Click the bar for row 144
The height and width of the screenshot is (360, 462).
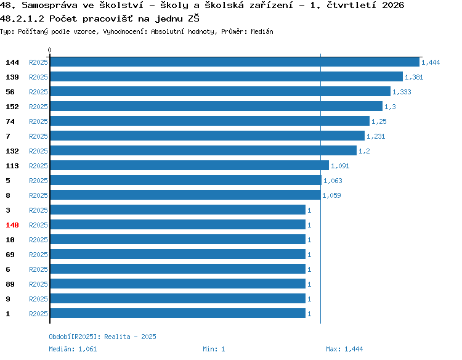click(x=235, y=62)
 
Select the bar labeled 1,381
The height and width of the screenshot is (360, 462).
click(x=227, y=76)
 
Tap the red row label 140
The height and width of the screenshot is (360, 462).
click(x=12, y=225)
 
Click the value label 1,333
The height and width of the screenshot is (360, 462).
click(x=402, y=92)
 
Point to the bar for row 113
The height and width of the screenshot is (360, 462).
click(x=190, y=165)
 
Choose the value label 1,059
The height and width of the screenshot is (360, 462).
click(x=331, y=195)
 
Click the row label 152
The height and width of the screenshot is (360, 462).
click(x=12, y=107)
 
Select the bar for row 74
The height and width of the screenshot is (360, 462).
click(x=210, y=121)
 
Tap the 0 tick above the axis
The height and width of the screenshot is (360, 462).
click(x=49, y=50)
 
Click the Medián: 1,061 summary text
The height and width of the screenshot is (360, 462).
click(x=73, y=349)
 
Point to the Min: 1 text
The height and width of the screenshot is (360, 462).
click(x=214, y=349)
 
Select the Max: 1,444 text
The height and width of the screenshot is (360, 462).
click(x=344, y=349)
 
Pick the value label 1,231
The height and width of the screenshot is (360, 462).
click(x=376, y=136)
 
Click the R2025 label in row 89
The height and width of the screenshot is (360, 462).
click(x=38, y=284)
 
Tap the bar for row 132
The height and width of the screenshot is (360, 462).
click(x=203, y=150)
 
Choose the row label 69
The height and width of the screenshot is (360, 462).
click(x=10, y=255)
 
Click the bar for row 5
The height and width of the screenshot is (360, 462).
click(x=186, y=180)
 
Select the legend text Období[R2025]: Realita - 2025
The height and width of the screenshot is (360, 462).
click(x=102, y=337)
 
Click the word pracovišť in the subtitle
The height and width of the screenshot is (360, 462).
click(x=107, y=18)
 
